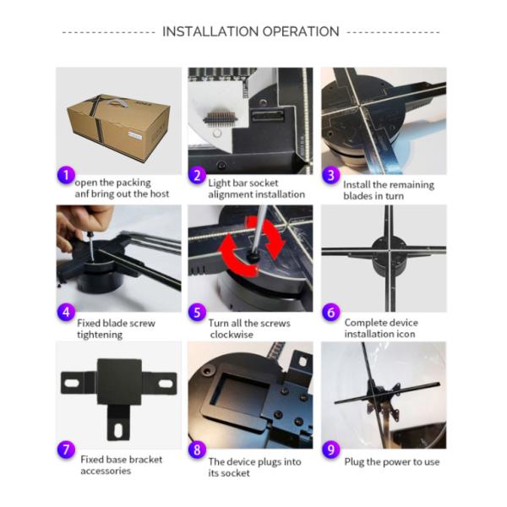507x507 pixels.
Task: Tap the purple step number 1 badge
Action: coord(66,176)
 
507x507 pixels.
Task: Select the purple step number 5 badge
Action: coord(197,313)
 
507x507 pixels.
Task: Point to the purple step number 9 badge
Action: coord(330,450)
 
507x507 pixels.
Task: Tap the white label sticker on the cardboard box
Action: coord(135,135)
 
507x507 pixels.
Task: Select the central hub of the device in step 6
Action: coord(389,254)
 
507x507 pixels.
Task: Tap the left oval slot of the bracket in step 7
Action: coord(72,383)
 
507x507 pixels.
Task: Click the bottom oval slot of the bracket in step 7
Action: coord(118,430)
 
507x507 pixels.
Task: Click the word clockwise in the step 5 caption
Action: coord(232,335)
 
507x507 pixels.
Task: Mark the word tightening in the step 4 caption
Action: coord(100,335)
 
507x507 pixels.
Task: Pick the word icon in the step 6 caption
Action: coord(406,334)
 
